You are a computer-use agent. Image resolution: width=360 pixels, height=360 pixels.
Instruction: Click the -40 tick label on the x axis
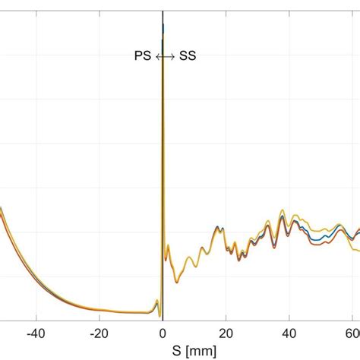35,333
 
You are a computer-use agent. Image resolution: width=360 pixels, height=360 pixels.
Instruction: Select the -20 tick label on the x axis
99,333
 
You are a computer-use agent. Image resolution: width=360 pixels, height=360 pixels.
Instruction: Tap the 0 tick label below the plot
163,333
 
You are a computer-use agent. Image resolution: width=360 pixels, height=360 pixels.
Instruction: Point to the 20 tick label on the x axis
226,333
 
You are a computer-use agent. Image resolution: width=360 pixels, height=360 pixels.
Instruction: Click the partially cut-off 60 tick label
353,333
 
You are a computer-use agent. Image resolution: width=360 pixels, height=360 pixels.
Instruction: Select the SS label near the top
187,56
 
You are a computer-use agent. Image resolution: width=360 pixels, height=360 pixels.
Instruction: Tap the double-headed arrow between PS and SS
165,56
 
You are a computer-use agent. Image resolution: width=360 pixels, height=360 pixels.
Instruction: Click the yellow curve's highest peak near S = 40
283,209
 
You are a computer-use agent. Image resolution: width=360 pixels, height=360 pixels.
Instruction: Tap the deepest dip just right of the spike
177,282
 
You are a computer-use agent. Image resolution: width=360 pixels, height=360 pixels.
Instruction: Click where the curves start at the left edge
2,208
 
